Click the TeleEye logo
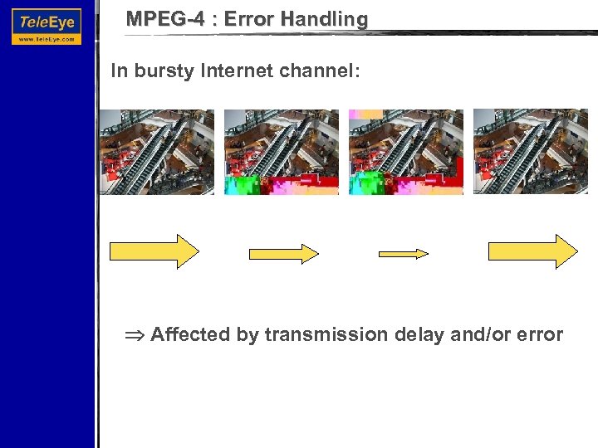[47, 26]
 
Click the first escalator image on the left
[157, 152]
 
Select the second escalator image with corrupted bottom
[282, 152]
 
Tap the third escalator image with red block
[406, 152]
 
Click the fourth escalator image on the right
[531, 152]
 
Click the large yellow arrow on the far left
[154, 251]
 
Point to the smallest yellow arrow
[404, 253]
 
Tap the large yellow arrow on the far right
[532, 251]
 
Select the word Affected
[190, 335]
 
